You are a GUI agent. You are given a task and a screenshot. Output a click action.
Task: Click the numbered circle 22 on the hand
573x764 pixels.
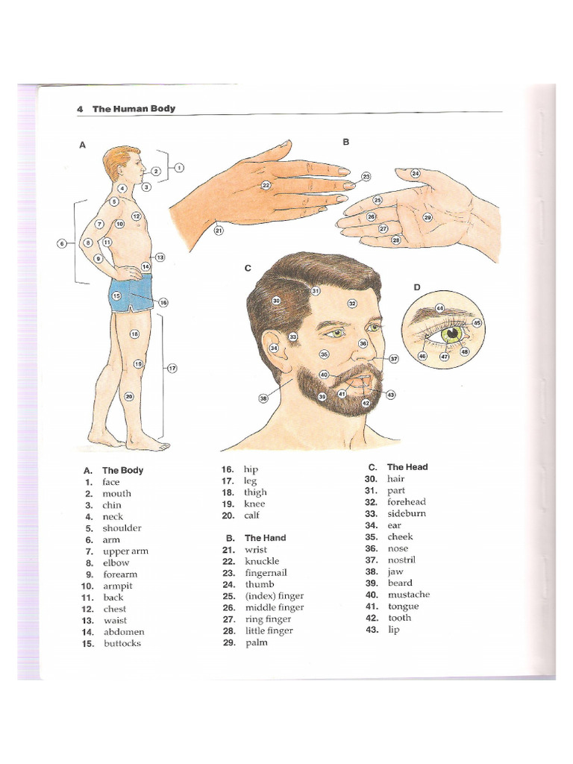266,184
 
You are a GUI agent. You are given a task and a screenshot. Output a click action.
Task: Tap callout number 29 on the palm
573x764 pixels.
428,218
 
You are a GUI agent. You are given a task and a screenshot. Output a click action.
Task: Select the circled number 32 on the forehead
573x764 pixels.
352,303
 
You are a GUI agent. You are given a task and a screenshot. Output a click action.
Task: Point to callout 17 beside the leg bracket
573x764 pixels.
172,368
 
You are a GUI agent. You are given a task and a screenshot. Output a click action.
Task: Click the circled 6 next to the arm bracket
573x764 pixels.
62,242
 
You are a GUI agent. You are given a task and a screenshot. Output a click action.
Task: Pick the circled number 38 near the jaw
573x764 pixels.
263,398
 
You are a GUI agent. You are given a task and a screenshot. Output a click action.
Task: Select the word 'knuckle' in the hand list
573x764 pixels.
262,560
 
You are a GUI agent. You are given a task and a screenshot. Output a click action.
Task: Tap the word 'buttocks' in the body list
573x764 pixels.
122,643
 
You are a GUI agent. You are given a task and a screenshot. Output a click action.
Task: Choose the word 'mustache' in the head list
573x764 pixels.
408,595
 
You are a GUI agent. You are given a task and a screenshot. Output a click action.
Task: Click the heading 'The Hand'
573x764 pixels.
265,537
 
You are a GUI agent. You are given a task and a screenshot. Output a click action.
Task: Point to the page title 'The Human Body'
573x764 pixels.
134,109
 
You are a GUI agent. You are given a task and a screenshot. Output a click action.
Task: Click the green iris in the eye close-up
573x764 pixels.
452,334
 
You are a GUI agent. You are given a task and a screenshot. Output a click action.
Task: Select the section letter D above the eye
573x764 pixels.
417,286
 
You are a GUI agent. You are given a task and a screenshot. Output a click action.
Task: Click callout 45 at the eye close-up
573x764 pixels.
477,322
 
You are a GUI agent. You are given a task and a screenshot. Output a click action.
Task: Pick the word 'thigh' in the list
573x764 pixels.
254,492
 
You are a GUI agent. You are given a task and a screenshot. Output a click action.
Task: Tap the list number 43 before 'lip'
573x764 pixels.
372,630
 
